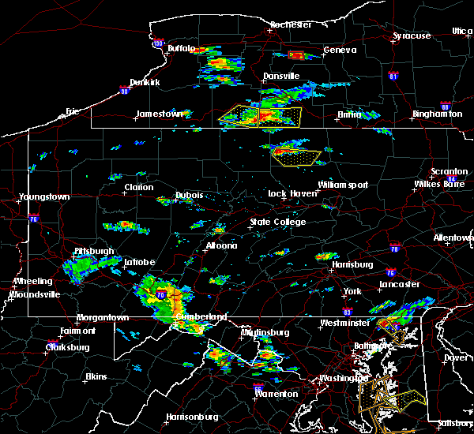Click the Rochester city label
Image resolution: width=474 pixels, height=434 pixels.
point(290,24)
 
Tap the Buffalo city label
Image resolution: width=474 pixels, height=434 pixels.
point(181,49)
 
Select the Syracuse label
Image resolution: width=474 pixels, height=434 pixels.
point(412,36)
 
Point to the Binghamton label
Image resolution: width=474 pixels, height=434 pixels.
point(437,114)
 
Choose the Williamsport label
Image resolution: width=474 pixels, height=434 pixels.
point(343,185)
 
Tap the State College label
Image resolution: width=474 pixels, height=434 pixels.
point(277,223)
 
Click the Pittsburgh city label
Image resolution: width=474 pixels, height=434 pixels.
point(94,252)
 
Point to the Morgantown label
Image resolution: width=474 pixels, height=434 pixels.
point(102,318)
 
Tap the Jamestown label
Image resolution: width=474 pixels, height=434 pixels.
point(159,114)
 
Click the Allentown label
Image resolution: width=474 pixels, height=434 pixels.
point(453,237)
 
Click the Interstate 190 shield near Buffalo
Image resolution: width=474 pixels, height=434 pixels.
point(158,43)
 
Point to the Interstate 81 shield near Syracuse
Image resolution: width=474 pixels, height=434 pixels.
point(394,76)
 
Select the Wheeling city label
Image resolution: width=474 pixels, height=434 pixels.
point(33,281)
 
